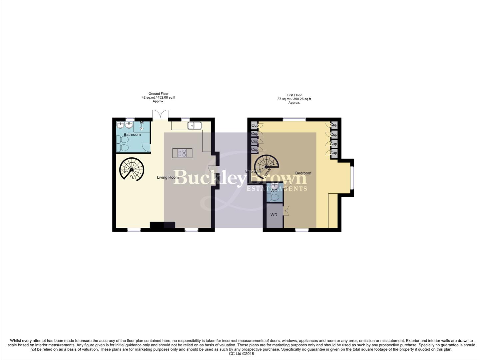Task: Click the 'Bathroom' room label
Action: coord(132,135)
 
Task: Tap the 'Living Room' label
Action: coord(168,177)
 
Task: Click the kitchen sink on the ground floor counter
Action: coord(194,125)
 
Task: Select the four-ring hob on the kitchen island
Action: coord(182,153)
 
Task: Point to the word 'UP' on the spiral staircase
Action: coord(132,177)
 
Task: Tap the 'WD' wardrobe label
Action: coord(274,215)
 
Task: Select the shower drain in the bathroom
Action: coord(142,128)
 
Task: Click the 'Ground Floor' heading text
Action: coord(158,94)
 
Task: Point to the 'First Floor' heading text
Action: coord(294,95)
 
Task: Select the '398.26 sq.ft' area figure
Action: coord(300,99)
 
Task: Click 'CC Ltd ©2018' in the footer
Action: coord(241,354)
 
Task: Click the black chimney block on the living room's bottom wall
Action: coord(162,225)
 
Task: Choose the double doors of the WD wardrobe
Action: coord(285,211)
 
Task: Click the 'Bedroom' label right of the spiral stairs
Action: coord(303,173)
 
